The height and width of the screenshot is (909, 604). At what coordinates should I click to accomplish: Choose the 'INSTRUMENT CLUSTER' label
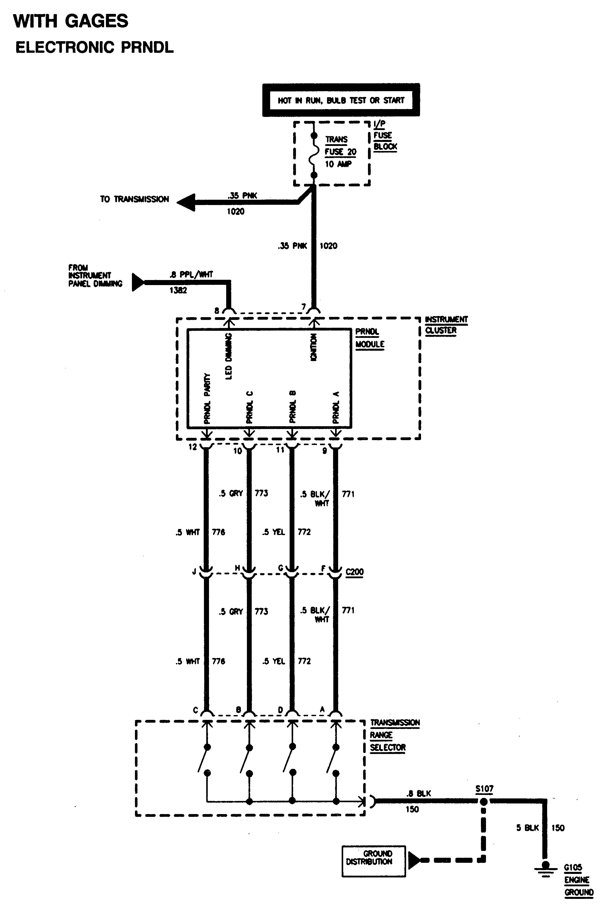point(446,325)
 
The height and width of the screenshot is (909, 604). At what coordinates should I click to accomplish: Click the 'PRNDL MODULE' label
point(369,338)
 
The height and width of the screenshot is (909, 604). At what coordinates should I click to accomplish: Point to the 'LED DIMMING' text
point(229,356)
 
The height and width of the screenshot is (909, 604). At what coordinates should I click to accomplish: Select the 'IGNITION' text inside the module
point(314,347)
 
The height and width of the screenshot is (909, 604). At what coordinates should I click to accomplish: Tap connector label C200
point(354,572)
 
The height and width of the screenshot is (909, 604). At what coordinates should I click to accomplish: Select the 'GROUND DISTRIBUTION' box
point(373,861)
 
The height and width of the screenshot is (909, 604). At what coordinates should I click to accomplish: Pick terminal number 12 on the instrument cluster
point(193,447)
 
